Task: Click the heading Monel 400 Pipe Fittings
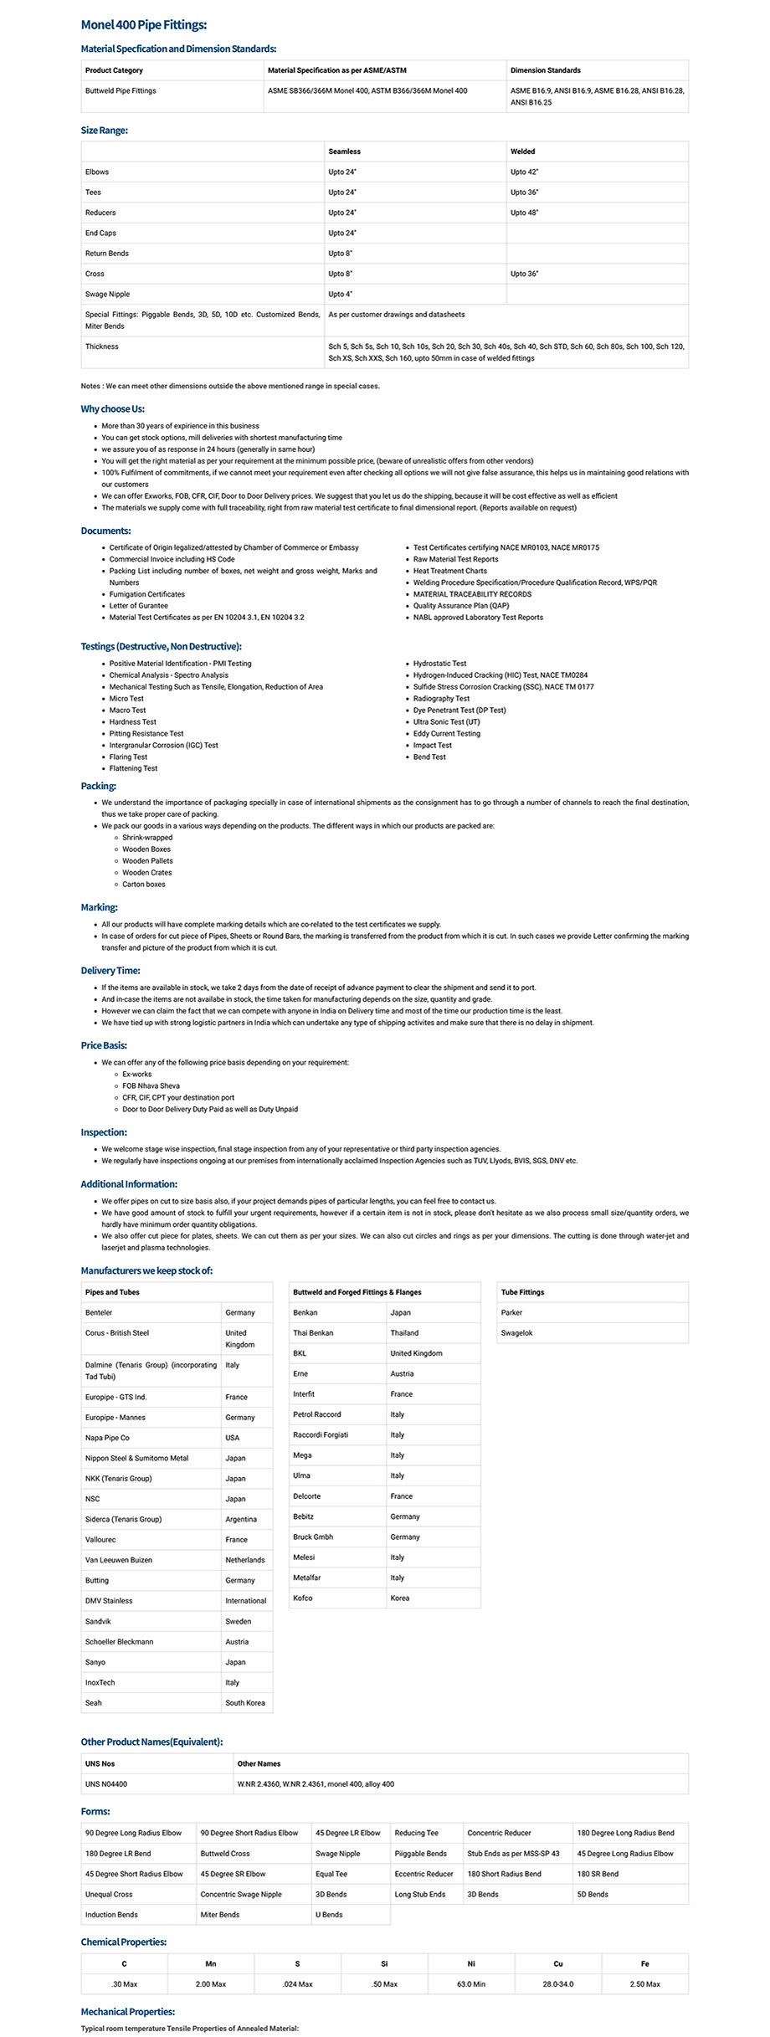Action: pyautogui.click(x=143, y=25)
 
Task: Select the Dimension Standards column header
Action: pyautogui.click(x=545, y=70)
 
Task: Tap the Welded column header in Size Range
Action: pyautogui.click(x=522, y=151)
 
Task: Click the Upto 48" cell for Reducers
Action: pyautogui.click(x=525, y=213)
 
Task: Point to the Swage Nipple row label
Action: pyautogui.click(x=107, y=294)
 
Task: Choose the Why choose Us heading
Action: pyautogui.click(x=112, y=408)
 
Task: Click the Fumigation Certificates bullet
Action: pyautogui.click(x=146, y=594)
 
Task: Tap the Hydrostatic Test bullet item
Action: pyautogui.click(x=439, y=663)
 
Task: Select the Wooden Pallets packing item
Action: pyautogui.click(x=147, y=860)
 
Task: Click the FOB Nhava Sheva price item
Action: pyautogui.click(x=151, y=1085)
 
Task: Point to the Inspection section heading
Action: pyautogui.click(x=103, y=1131)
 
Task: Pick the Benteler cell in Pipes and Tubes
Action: pyautogui.click(x=99, y=1312)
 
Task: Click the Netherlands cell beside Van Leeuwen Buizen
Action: pyautogui.click(x=244, y=1560)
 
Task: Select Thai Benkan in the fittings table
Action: pyautogui.click(x=313, y=1332)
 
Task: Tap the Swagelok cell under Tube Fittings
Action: pyautogui.click(x=516, y=1332)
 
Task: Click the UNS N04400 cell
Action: pyautogui.click(x=106, y=1783)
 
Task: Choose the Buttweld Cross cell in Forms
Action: pyautogui.click(x=225, y=1853)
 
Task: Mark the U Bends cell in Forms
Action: pyautogui.click(x=328, y=1914)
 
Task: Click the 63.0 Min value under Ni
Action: pyautogui.click(x=471, y=1983)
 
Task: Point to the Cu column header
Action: pyautogui.click(x=558, y=1963)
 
